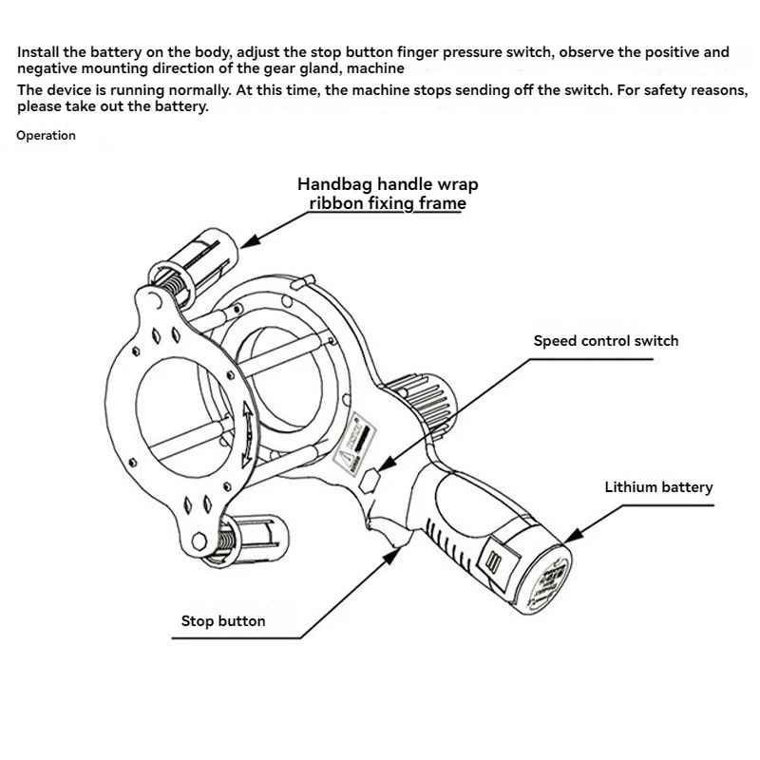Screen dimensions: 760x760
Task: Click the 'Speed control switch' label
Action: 605,340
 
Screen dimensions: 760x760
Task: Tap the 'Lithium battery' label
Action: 658,487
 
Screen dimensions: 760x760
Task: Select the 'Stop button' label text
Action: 223,621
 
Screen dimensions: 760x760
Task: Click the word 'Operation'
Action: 46,136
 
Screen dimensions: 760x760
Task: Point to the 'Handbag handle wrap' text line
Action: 388,184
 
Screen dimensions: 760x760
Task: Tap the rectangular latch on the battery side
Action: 493,560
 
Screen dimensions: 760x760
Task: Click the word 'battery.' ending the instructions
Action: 181,107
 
